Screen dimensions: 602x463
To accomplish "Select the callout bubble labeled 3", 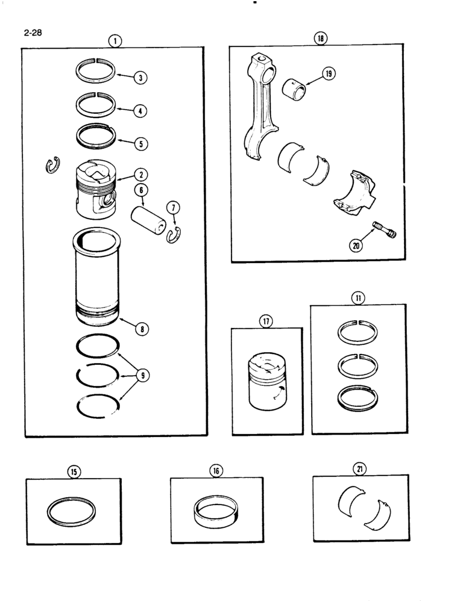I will coord(140,78).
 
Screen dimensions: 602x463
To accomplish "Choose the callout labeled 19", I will coord(329,74).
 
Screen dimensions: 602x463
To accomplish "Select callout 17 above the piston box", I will coord(266,321).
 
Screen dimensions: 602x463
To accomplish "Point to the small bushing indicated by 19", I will coord(295,86).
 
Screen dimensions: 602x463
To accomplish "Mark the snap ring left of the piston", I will coord(52,165).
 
